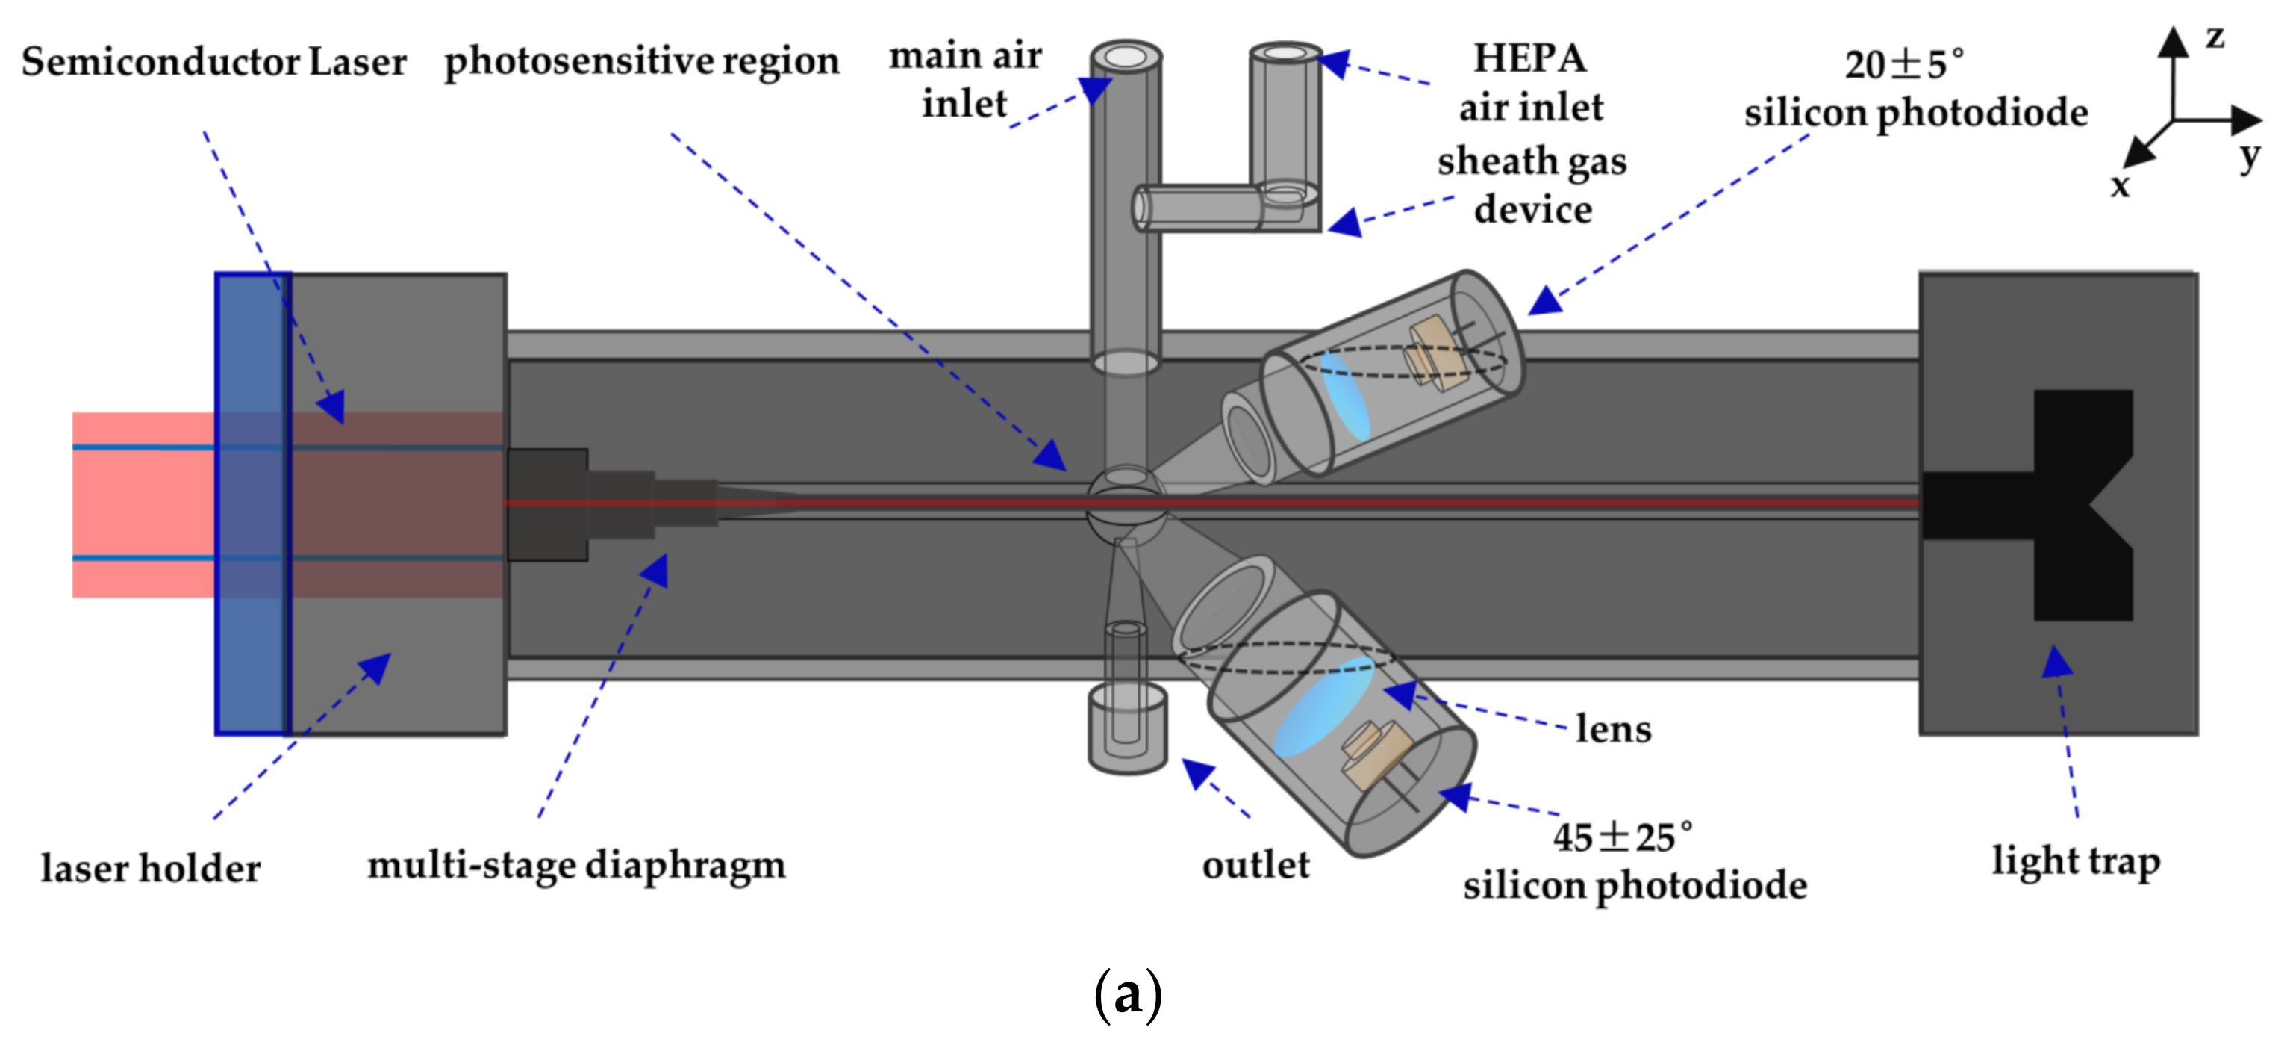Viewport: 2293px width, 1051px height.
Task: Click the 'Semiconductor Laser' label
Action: pyautogui.click(x=213, y=62)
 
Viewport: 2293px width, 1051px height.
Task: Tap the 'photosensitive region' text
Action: pyautogui.click(x=641, y=62)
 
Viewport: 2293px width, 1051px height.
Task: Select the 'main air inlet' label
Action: pyautogui.click(x=965, y=80)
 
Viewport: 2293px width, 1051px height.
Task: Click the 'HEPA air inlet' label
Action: pyautogui.click(x=1530, y=83)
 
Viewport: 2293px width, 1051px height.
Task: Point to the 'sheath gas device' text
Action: pyautogui.click(x=1532, y=185)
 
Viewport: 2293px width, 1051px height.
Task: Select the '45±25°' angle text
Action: pyautogui.click(x=1622, y=837)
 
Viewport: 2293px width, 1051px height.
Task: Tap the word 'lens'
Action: pyautogui.click(x=1613, y=728)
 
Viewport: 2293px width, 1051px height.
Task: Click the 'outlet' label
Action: pyautogui.click(x=1255, y=865)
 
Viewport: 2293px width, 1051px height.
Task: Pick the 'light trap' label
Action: pyautogui.click(x=2075, y=861)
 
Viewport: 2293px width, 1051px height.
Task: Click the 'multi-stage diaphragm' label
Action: pyautogui.click(x=576, y=865)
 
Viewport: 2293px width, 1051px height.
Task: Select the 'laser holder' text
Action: pyautogui.click(x=151, y=869)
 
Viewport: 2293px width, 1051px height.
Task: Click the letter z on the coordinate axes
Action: pyautogui.click(x=2215, y=37)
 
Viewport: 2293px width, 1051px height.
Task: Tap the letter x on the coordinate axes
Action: pyautogui.click(x=2121, y=185)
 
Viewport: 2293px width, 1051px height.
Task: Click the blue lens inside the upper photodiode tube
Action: pyautogui.click(x=1344, y=394)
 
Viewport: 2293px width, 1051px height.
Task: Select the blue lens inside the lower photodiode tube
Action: pyautogui.click(x=1323, y=707)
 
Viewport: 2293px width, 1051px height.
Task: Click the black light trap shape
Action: pyautogui.click(x=2074, y=504)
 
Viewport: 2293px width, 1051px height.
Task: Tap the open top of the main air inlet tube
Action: pyautogui.click(x=1126, y=56)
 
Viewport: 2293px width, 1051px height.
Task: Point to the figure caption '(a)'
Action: pyautogui.click(x=1127, y=994)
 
